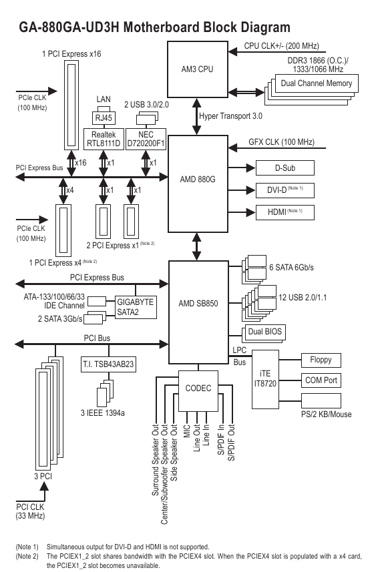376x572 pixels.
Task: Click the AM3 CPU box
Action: click(198, 69)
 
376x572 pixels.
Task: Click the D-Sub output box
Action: click(285, 168)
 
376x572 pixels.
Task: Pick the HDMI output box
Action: click(285, 212)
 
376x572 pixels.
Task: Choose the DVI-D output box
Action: click(285, 190)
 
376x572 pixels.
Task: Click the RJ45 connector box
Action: click(104, 118)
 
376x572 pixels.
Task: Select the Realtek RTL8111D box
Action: click(104, 139)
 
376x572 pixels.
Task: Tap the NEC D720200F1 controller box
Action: click(146, 139)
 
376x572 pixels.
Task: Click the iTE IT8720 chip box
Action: click(265, 379)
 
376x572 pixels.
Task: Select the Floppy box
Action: click(321, 360)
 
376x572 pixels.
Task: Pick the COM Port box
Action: click(321, 380)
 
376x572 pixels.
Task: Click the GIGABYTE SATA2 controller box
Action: click(136, 307)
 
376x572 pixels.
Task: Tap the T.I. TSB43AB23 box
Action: click(108, 364)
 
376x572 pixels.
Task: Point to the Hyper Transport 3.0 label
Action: click(230, 116)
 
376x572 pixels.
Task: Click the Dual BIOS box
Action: click(265, 332)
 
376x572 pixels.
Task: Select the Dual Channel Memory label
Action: click(317, 83)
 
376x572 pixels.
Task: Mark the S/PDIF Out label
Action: click(232, 443)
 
